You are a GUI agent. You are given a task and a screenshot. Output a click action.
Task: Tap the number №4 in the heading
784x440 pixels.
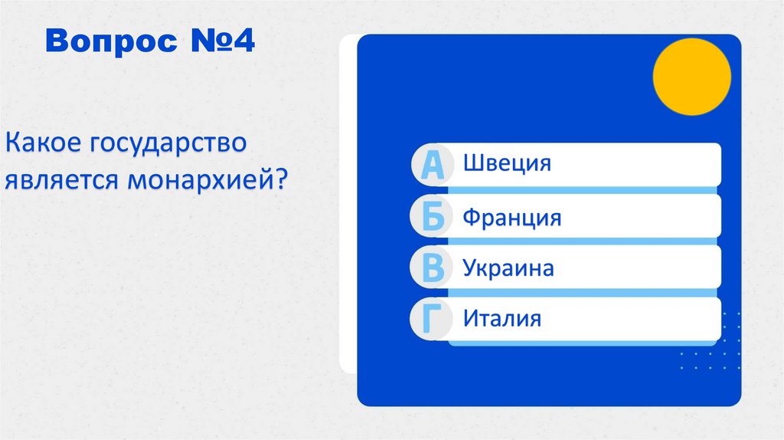(x=218, y=43)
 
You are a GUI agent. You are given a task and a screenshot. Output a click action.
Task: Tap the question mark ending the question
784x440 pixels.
(x=281, y=182)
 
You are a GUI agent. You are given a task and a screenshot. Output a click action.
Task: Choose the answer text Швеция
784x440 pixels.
(x=507, y=163)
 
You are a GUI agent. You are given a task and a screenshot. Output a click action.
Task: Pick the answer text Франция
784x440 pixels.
(x=511, y=217)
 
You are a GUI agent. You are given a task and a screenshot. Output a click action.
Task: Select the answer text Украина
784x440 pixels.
(x=508, y=268)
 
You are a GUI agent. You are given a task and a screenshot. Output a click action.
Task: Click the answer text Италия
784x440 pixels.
(x=501, y=318)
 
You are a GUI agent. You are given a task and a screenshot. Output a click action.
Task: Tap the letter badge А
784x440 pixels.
(x=433, y=166)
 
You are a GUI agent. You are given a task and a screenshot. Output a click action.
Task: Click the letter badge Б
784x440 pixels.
(x=433, y=218)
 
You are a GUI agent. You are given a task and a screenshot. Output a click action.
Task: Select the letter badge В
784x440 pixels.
(x=433, y=269)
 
